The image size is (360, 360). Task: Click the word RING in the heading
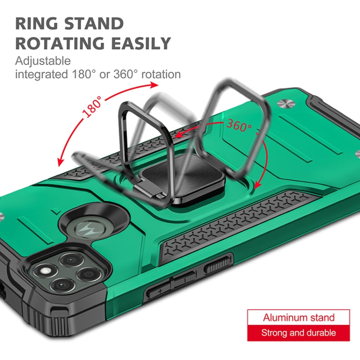[x=36, y=24]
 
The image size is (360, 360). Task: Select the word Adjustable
[x=43, y=61]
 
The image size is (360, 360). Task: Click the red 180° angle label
[x=92, y=107]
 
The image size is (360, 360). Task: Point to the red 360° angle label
[x=239, y=125]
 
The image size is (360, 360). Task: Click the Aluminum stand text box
[x=299, y=318]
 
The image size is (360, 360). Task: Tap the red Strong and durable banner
[x=299, y=333]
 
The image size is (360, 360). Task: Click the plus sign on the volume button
[x=160, y=291]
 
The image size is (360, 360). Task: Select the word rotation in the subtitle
[x=161, y=74]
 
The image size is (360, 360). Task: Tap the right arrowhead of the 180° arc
[x=154, y=85]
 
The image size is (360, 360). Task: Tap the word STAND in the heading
[x=94, y=24]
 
